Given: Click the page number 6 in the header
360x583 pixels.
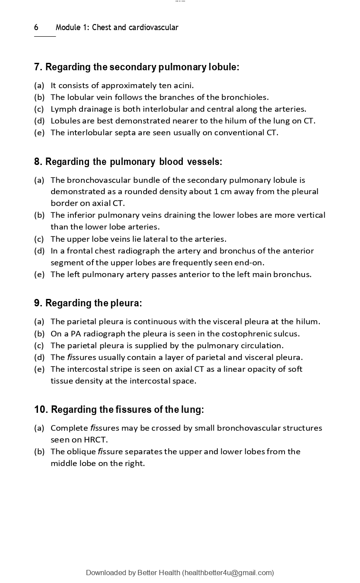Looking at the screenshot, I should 36,27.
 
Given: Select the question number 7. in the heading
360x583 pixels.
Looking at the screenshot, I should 38,67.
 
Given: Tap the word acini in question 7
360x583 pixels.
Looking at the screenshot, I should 183,85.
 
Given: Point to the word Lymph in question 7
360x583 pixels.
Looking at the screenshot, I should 62,109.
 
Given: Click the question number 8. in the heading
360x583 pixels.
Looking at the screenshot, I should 38,162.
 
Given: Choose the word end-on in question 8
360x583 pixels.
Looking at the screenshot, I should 250,262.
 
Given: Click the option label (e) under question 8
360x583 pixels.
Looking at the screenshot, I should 39,274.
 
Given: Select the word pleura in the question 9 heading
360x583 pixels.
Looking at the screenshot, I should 127,303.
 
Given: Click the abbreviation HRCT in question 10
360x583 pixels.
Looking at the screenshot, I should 95,439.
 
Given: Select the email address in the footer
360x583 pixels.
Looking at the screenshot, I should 228,573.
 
